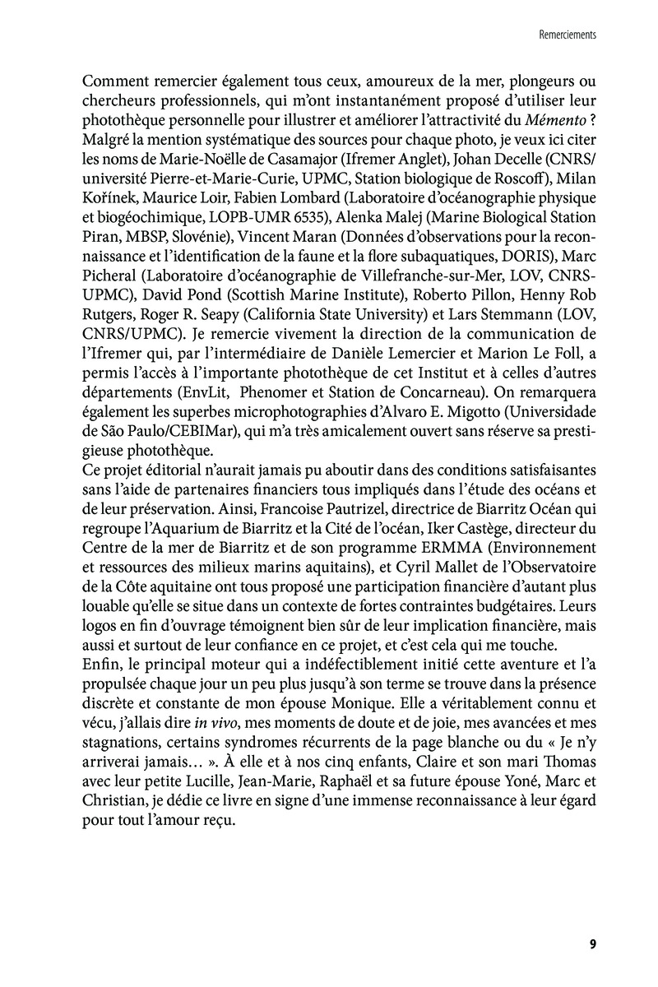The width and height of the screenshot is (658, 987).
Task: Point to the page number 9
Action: [x=592, y=943]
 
